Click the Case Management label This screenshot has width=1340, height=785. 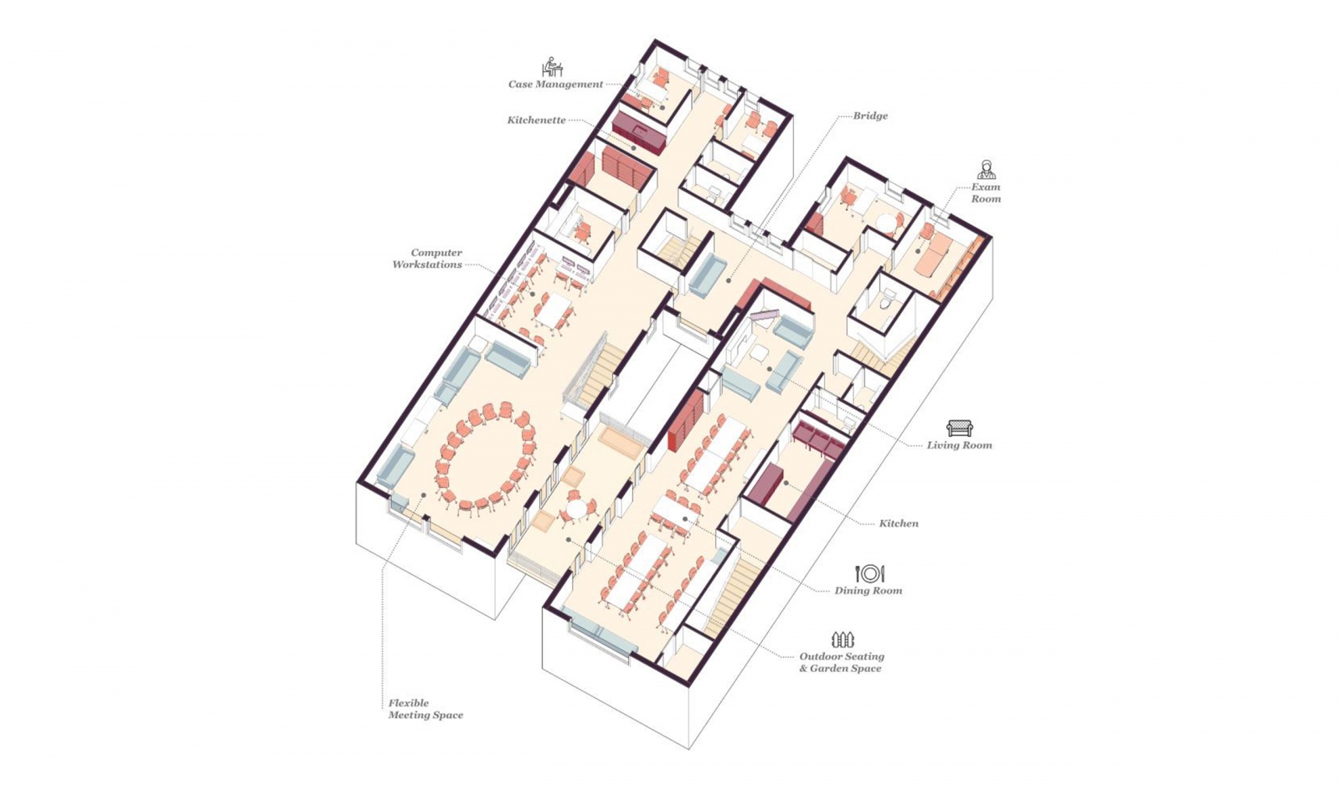click(x=556, y=85)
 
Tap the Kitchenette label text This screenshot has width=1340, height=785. click(x=537, y=121)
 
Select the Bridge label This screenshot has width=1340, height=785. click(x=870, y=116)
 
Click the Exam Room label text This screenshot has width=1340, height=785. click(x=985, y=193)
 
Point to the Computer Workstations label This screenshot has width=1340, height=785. click(x=428, y=259)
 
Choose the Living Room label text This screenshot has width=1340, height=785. click(x=960, y=445)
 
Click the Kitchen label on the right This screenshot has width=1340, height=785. click(x=899, y=524)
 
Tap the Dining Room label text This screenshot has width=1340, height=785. click(x=868, y=591)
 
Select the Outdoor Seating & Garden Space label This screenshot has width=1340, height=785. click(x=842, y=663)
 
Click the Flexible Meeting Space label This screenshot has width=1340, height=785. click(x=425, y=709)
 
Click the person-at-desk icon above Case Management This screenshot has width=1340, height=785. click(x=552, y=67)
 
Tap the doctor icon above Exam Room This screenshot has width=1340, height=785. click(x=987, y=169)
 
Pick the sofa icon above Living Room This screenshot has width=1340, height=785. click(x=960, y=428)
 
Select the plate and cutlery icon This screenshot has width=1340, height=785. click(x=870, y=573)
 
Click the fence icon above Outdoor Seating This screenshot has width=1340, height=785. click(x=843, y=639)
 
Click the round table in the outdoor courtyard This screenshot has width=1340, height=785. click(x=577, y=510)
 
